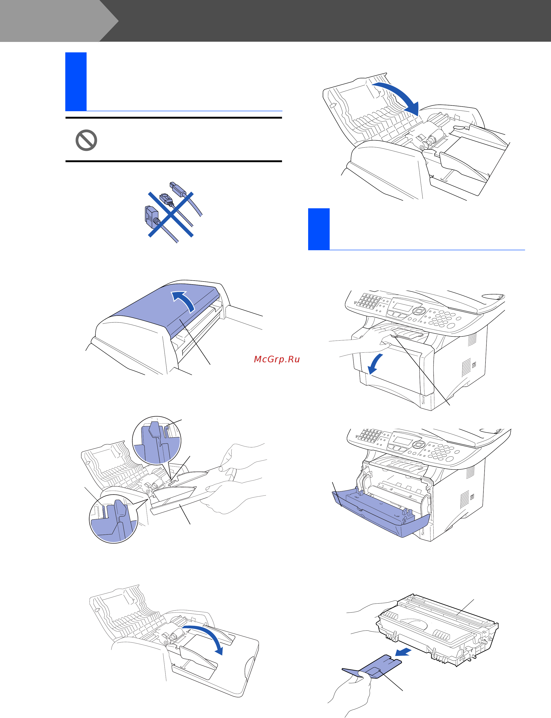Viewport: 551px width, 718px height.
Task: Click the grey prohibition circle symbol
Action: pyautogui.click(x=86, y=140)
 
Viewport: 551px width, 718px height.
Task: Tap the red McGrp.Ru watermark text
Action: pyautogui.click(x=277, y=359)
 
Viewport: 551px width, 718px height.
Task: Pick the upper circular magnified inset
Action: pyautogui.click(x=157, y=440)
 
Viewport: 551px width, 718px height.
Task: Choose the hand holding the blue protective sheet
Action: pyautogui.click(x=349, y=693)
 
